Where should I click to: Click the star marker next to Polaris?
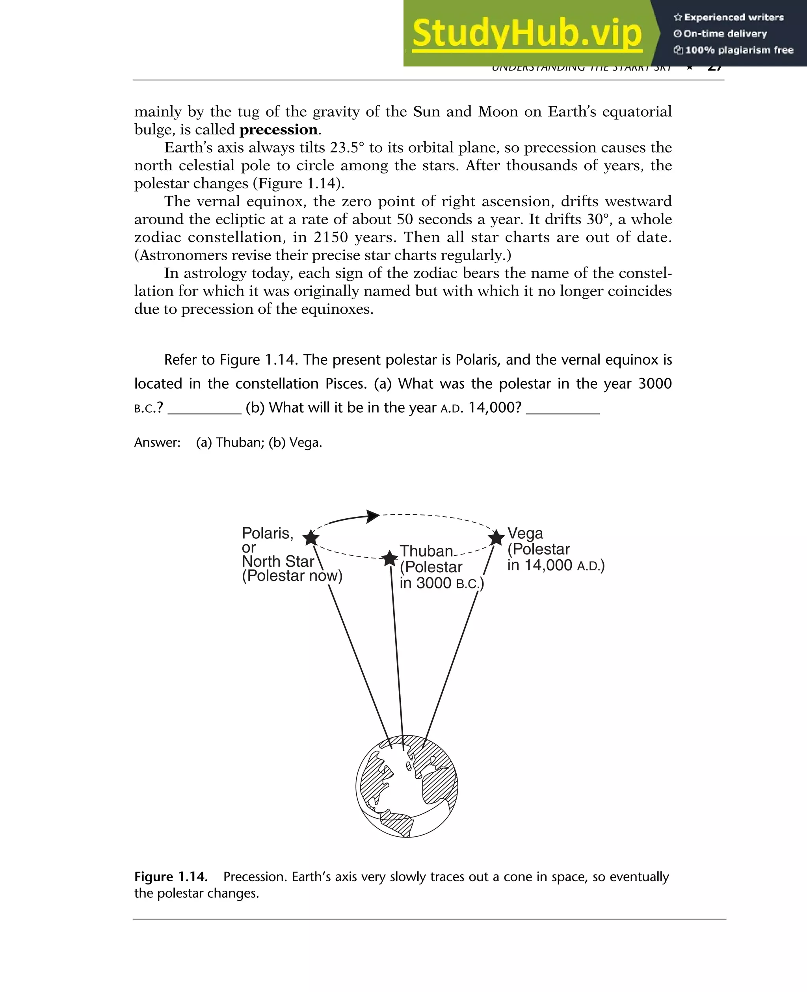[311, 538]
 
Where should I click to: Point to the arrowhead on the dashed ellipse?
[373, 516]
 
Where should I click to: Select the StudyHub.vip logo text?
[527, 34]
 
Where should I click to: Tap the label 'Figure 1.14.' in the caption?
[171, 877]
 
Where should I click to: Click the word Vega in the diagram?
[525, 533]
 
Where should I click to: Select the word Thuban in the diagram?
[426, 551]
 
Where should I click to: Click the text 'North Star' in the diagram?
[278, 561]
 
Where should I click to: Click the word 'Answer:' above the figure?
[157, 442]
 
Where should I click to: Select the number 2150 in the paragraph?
[331, 237]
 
